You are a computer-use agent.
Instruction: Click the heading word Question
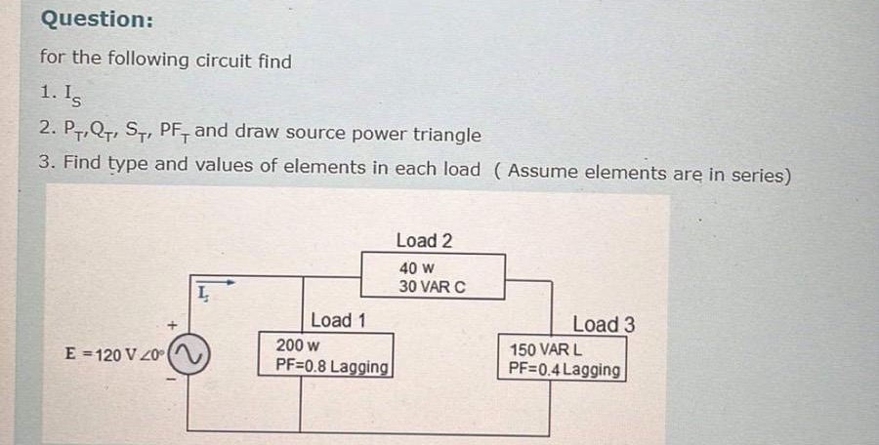pyautogui.click(x=97, y=20)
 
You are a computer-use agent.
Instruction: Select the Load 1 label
pyautogui.click(x=338, y=320)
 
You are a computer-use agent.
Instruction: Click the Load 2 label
pyautogui.click(x=424, y=240)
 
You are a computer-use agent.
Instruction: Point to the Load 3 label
pyautogui.click(x=604, y=324)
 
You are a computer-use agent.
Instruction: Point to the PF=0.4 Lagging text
pyautogui.click(x=565, y=369)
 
